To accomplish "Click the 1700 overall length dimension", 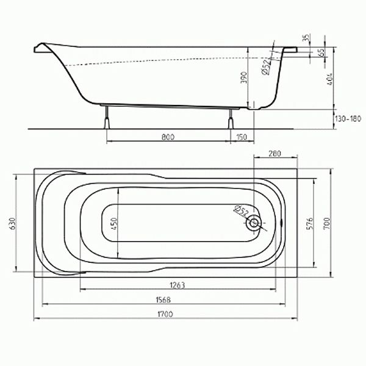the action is pos(165,314).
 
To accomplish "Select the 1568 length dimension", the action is pos(163,300).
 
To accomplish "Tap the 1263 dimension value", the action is pos(178,285).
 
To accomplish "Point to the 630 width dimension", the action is pos(13,223).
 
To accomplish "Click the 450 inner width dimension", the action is pos(114,223).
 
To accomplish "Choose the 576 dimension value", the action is pos(309,223).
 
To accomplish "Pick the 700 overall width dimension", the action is pos(327,223).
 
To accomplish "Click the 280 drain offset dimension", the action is pos(274,154).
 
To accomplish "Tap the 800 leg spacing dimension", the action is pos(168,137).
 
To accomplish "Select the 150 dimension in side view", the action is pos(242,137).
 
